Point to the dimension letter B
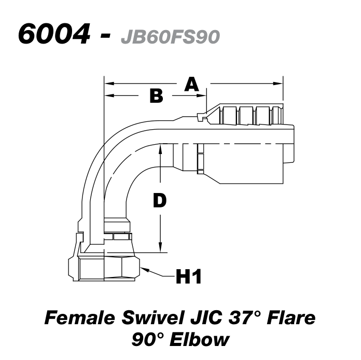pyautogui.click(x=156, y=96)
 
